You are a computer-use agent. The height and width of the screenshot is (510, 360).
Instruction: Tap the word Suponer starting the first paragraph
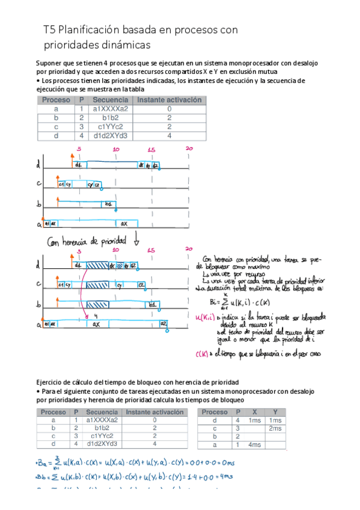click(50, 63)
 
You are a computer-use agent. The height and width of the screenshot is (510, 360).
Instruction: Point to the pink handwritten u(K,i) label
click(208, 317)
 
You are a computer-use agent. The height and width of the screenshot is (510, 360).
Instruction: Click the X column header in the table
click(255, 412)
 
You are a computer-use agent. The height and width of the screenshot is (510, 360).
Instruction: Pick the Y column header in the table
click(275, 412)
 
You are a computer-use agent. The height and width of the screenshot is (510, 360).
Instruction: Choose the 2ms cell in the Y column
click(275, 428)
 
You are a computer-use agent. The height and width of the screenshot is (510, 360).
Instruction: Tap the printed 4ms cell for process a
click(255, 444)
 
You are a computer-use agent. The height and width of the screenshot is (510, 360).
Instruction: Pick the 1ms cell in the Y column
click(275, 420)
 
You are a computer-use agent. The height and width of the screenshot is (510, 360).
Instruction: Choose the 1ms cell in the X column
click(255, 420)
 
